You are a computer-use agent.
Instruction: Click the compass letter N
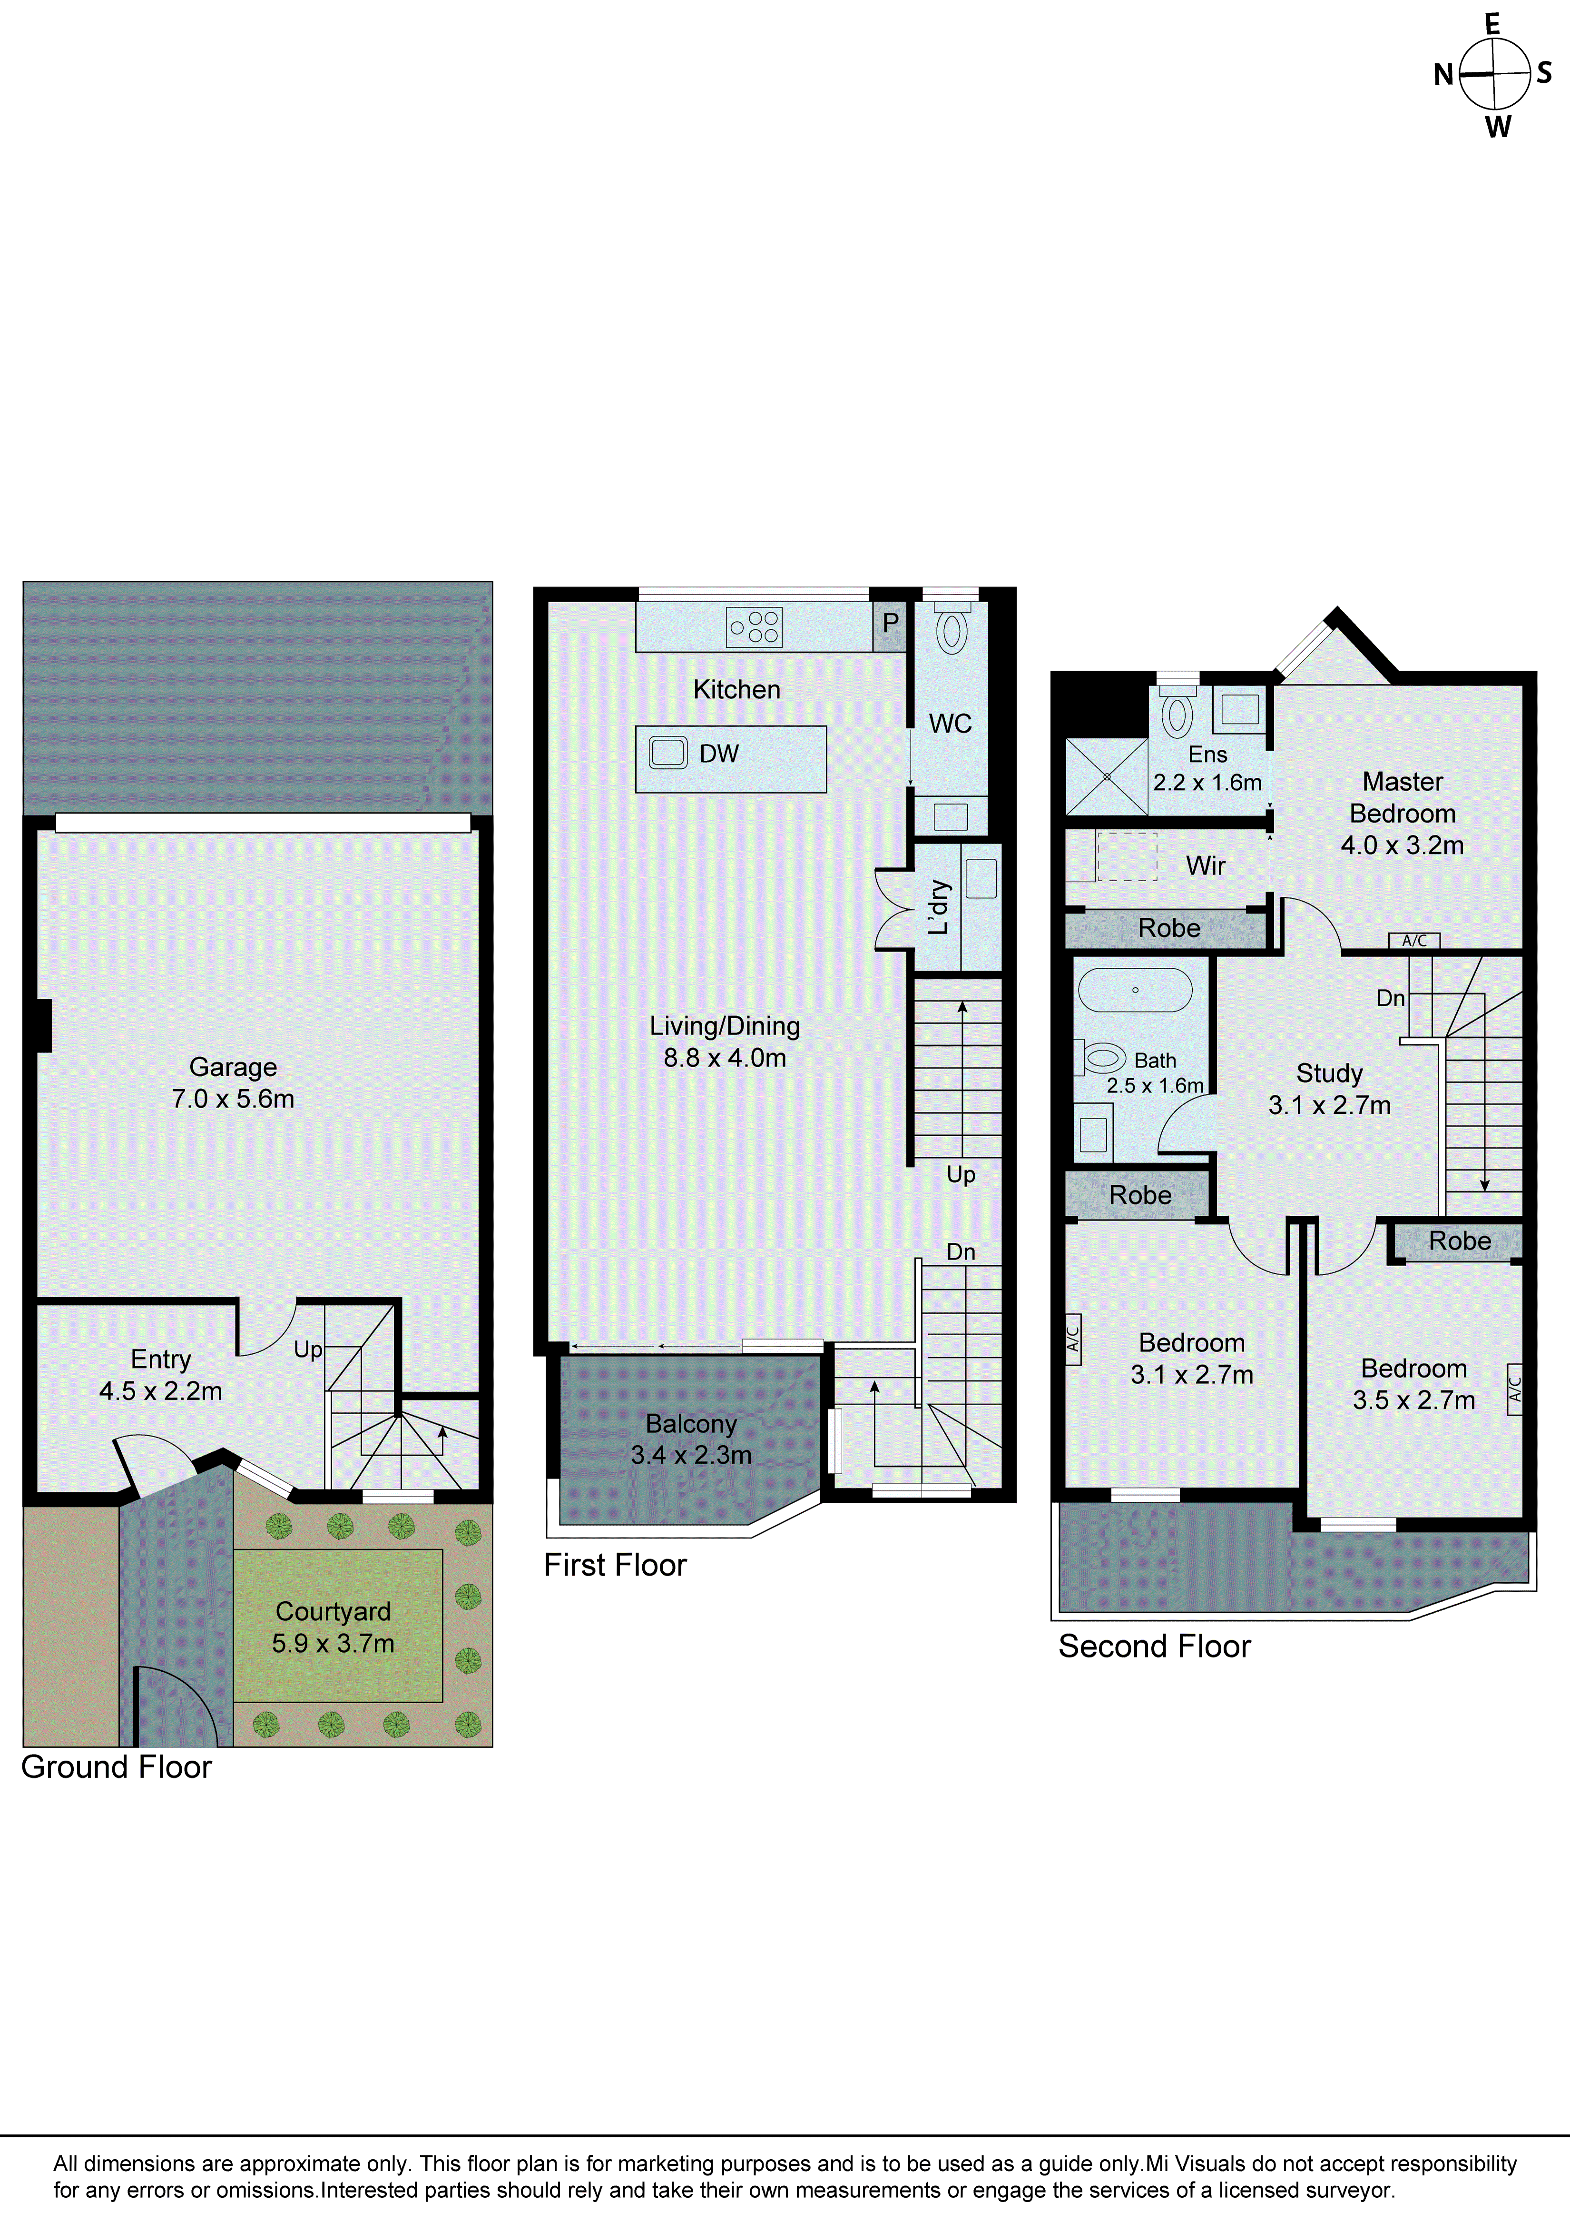[1443, 75]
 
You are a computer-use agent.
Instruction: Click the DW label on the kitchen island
[718, 754]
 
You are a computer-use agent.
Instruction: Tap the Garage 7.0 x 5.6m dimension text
[233, 1099]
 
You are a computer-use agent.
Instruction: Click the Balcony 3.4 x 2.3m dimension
[691, 1455]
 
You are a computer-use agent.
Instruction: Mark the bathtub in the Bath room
[1135, 991]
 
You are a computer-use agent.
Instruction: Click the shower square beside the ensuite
[1105, 776]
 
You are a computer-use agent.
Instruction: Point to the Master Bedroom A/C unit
[1414, 940]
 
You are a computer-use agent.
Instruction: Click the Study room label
[1329, 1074]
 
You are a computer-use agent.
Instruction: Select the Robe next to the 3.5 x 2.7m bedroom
[1460, 1241]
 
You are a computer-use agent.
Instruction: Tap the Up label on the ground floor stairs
[308, 1350]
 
